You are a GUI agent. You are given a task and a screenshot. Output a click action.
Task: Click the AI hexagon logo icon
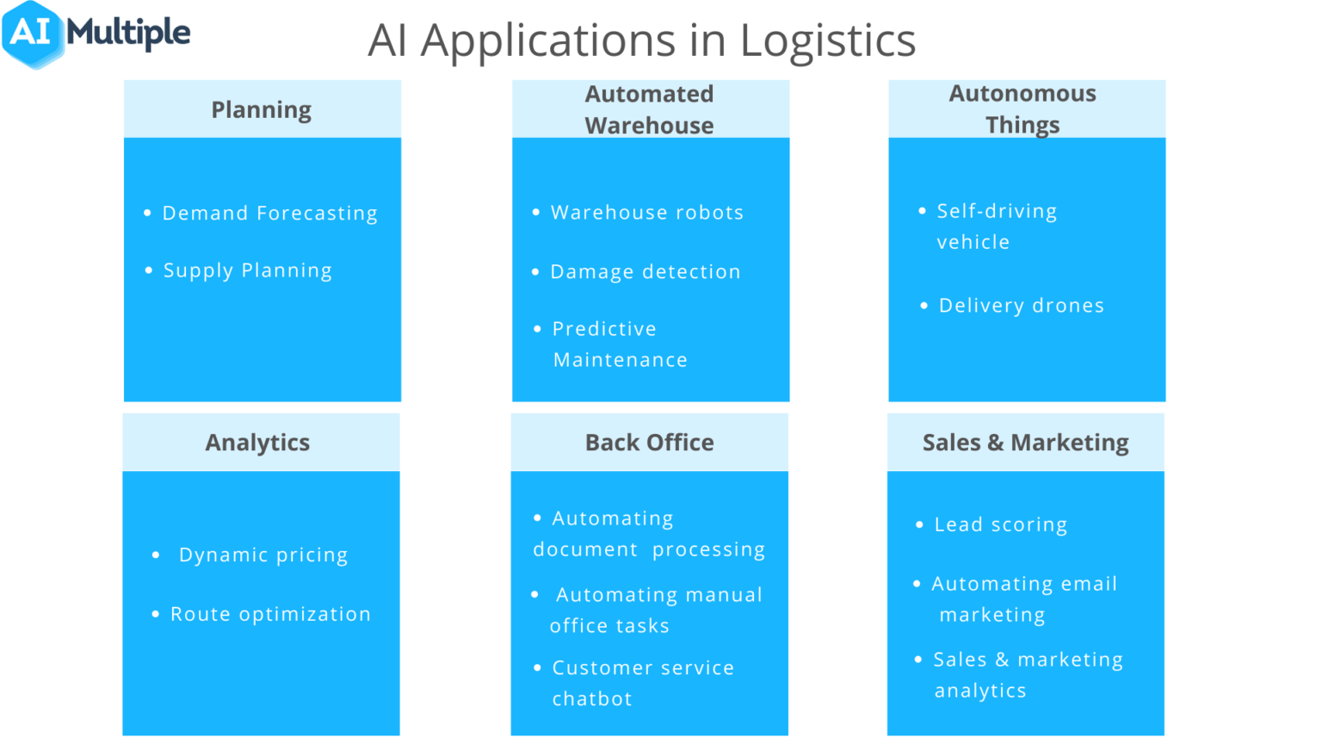33,34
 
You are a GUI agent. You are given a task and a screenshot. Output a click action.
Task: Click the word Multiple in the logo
129,34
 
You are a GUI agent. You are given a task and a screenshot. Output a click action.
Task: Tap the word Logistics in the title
827,40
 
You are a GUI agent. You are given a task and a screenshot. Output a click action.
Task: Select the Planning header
262,110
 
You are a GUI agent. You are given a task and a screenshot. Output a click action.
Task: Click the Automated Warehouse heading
650,109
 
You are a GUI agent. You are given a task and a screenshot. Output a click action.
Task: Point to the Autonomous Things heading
1022,109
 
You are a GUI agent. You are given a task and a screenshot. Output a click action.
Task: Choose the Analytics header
257,443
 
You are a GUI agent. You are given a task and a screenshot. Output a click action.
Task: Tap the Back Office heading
650,443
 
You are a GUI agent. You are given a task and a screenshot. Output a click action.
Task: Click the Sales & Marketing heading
1025,443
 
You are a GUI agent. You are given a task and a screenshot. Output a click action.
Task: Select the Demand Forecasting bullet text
269,214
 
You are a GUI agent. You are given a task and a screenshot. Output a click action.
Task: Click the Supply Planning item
247,270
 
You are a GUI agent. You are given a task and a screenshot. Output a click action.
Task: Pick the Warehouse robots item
647,213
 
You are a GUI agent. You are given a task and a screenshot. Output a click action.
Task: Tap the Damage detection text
646,272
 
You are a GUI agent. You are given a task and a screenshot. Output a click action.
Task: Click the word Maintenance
621,360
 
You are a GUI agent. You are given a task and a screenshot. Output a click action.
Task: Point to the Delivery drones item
1021,306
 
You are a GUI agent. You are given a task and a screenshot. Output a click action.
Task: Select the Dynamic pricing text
263,555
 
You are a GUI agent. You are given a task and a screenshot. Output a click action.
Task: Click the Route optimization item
270,615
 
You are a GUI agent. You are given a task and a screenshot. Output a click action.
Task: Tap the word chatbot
592,699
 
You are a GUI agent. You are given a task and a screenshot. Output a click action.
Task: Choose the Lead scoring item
1001,525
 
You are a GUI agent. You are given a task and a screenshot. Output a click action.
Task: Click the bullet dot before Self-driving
922,211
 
